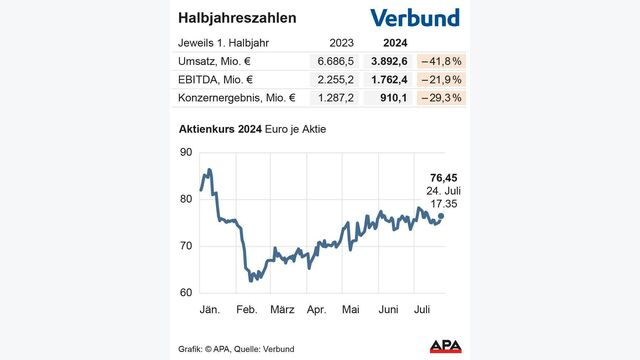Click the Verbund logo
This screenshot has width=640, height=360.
414,18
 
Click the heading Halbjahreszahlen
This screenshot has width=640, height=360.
236,19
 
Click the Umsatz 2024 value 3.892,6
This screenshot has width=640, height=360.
393,61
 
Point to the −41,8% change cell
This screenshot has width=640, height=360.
441,61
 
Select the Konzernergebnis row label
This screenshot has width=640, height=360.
237,97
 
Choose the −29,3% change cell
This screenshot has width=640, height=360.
441,97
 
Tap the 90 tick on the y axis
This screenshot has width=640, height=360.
185,152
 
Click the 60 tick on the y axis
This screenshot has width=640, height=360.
185,293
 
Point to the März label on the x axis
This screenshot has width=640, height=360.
283,310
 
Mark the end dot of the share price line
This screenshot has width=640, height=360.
441,215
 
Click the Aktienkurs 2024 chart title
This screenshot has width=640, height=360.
251,130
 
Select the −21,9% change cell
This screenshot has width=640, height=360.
441,79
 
